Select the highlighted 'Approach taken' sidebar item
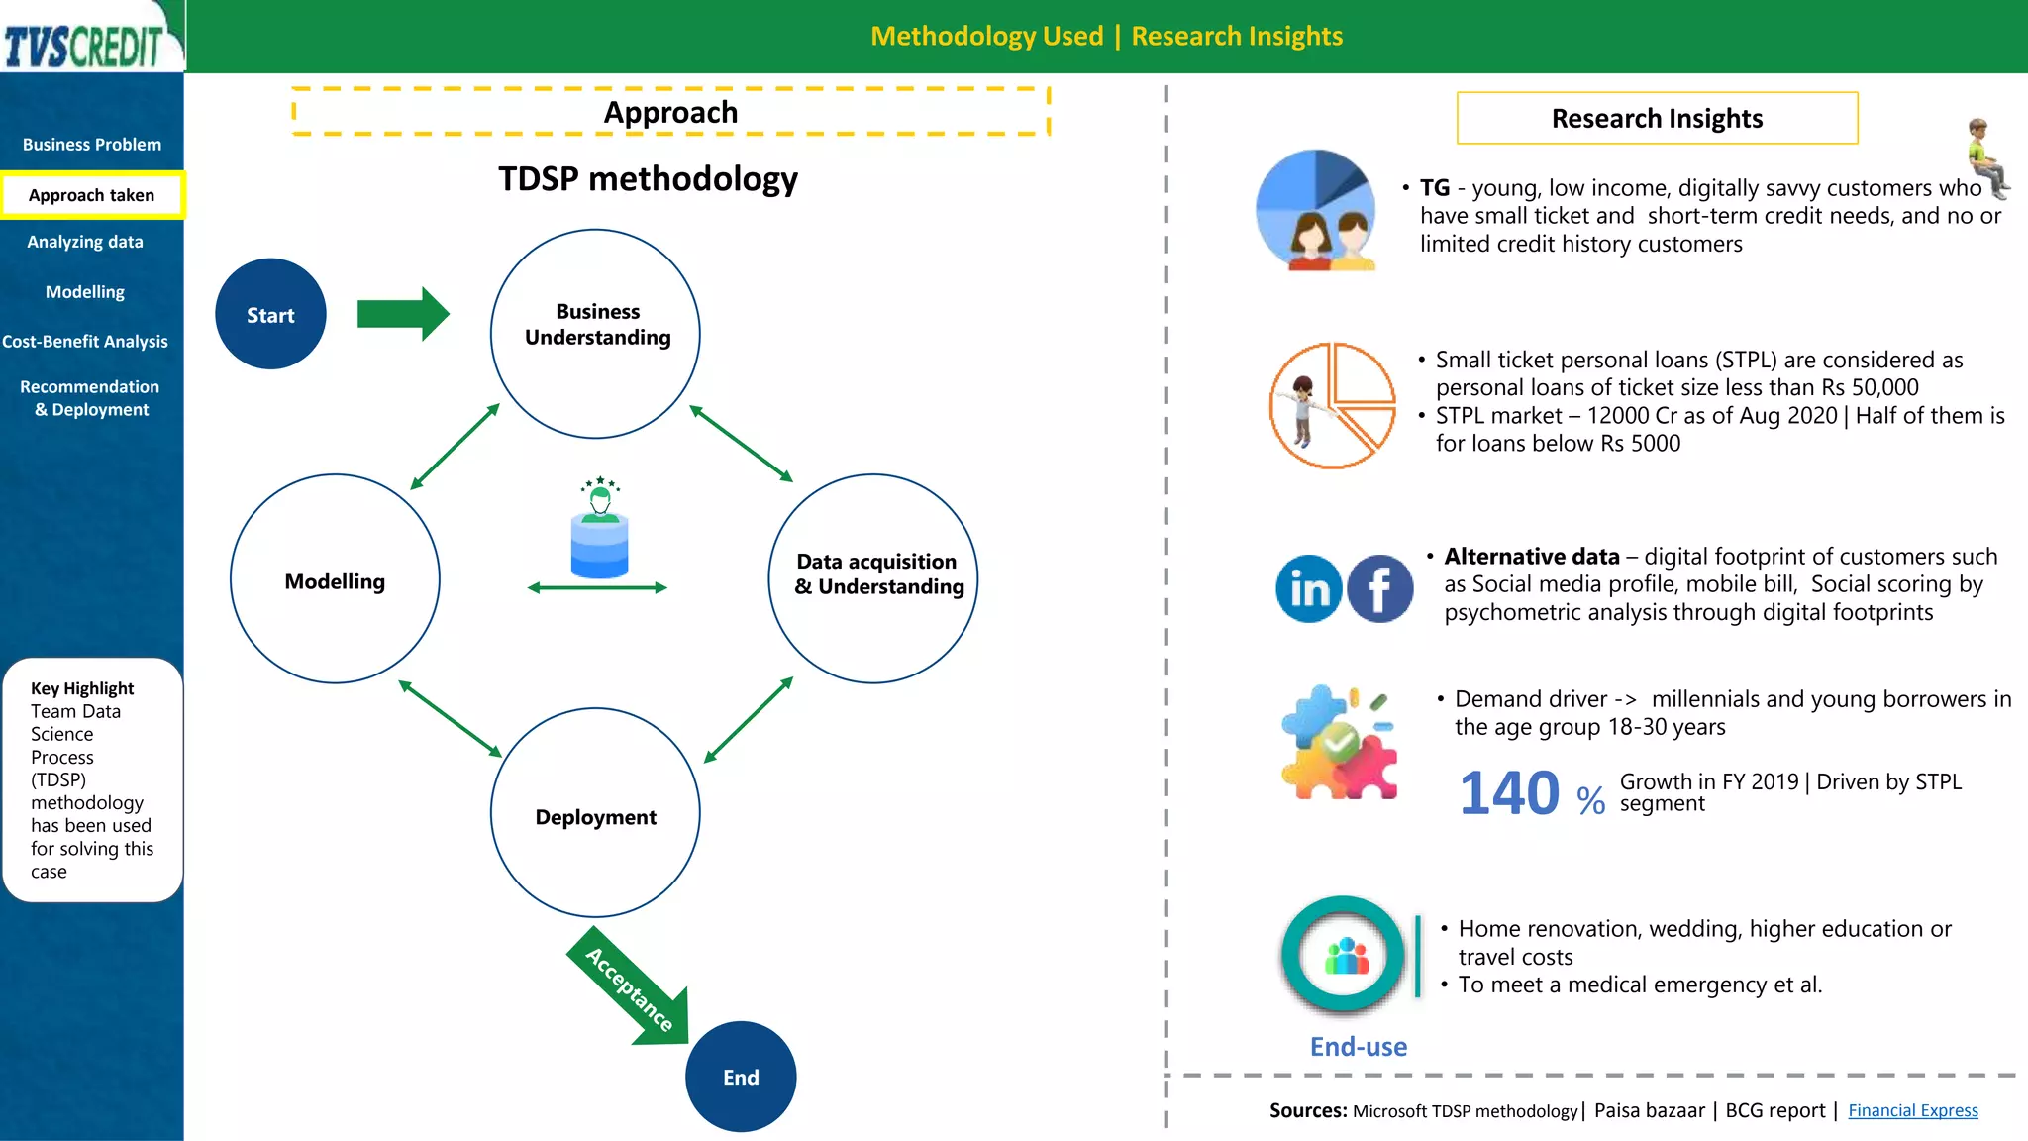[x=92, y=195]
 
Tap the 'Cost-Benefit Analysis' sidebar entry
[x=85, y=342]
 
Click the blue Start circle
[x=270, y=315]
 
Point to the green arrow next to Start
[x=401, y=314]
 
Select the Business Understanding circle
[x=596, y=333]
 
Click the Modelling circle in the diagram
[x=335, y=579]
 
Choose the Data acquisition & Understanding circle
[x=873, y=578]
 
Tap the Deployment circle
[x=596, y=813]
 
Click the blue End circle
[x=741, y=1077]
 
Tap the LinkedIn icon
[x=1309, y=589]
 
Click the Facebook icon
[x=1379, y=589]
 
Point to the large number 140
[x=1509, y=793]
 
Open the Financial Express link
[x=1912, y=1110]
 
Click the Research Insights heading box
[x=1657, y=119]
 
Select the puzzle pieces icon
[x=1338, y=743]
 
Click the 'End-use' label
[x=1358, y=1047]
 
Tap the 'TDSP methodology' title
[x=648, y=179]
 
